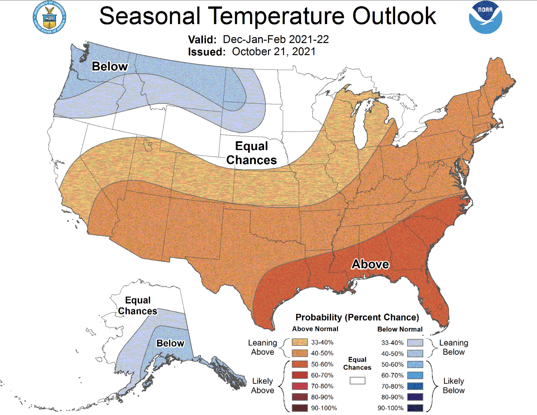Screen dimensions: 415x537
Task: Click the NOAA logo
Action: point(486,17)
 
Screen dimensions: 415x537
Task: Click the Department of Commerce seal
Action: point(49,17)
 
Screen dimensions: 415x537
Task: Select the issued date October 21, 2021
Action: point(273,52)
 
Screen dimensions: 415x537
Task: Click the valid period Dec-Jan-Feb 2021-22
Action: point(276,39)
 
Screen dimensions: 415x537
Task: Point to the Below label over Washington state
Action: point(110,66)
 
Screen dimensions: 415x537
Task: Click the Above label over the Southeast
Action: point(370,264)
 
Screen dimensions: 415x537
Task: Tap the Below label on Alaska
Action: point(170,343)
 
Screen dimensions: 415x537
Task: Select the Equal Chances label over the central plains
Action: point(251,153)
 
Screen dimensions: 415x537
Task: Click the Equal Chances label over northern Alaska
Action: point(138,306)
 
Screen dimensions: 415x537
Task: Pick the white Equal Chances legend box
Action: point(357,380)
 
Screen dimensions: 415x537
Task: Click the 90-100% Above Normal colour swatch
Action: point(300,408)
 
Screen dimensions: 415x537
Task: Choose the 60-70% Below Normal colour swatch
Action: point(415,375)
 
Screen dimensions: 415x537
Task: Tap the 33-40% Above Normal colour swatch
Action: point(300,342)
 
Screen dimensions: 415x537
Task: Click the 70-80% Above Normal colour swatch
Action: point(300,386)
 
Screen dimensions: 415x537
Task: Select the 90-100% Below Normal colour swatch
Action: point(415,408)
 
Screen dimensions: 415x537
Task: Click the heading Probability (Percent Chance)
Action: point(357,317)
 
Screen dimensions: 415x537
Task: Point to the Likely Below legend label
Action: point(453,386)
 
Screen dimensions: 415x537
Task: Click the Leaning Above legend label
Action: point(263,347)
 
